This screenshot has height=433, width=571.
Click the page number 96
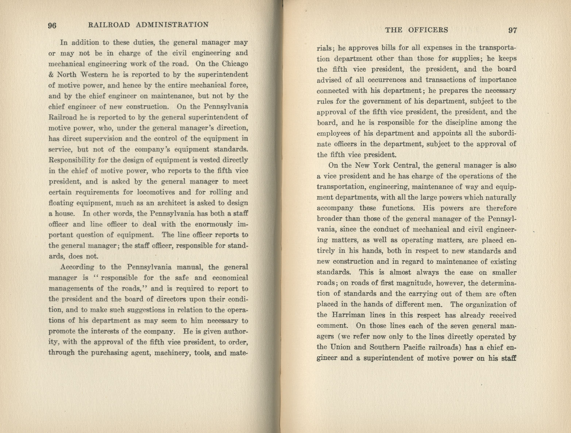[52, 25]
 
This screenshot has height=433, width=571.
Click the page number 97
[513, 30]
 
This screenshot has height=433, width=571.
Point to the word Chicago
[235, 64]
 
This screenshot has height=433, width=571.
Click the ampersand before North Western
[51, 75]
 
